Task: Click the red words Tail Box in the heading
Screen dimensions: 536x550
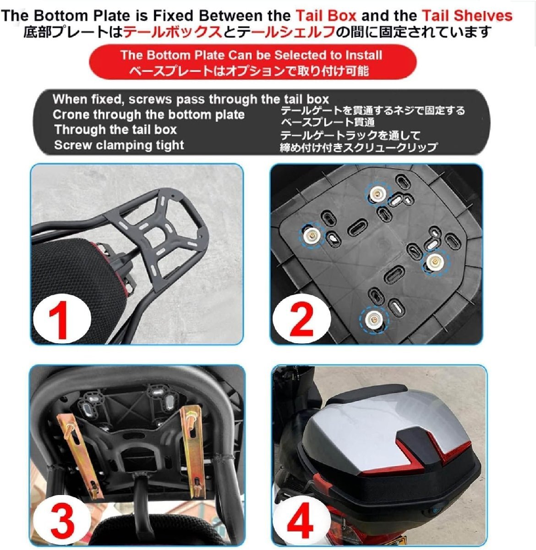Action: (x=326, y=16)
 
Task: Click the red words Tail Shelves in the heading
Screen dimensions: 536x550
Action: (x=467, y=16)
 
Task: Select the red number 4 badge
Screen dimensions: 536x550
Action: (x=301, y=519)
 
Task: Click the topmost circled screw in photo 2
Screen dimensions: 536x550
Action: (x=377, y=193)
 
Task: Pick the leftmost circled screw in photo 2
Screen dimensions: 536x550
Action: (x=312, y=235)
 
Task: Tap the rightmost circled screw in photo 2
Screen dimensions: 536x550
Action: (x=435, y=262)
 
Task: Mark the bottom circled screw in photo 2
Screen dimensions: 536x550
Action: (x=373, y=319)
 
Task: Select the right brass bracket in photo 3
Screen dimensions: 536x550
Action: (x=193, y=451)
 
